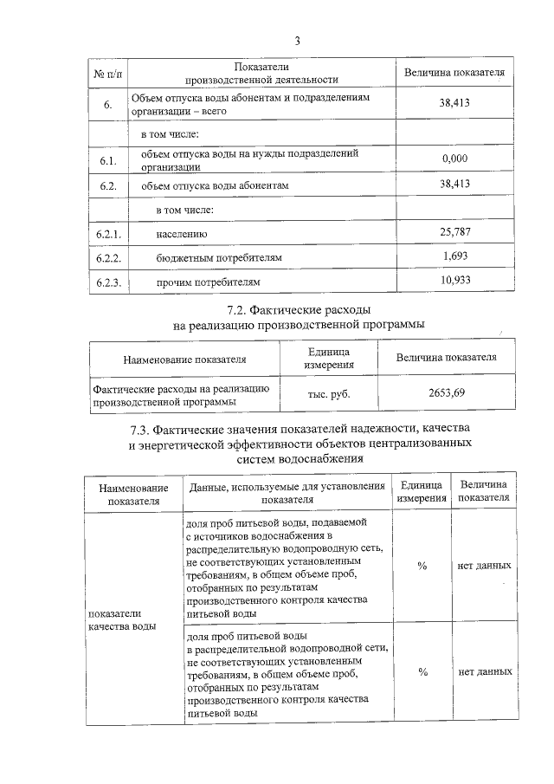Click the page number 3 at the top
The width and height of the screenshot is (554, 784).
[297, 41]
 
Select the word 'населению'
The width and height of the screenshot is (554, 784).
[181, 234]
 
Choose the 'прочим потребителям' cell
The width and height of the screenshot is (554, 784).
[207, 282]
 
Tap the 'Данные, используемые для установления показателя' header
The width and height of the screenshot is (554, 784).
[287, 493]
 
